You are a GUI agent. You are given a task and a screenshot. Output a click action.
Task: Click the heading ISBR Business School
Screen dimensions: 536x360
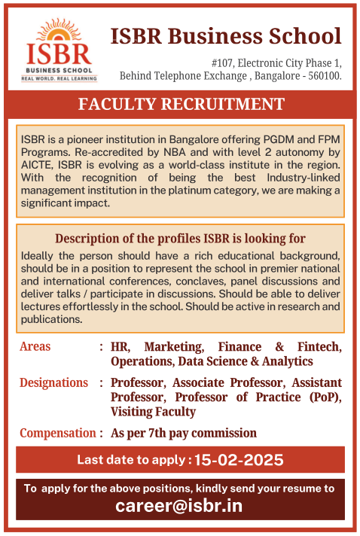point(226,35)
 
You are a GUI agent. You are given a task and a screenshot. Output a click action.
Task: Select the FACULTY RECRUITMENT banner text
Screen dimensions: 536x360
point(182,104)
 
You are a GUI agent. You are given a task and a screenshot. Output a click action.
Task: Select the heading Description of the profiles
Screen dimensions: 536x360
point(180,239)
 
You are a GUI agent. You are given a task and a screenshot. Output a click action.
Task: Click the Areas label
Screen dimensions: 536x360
point(35,346)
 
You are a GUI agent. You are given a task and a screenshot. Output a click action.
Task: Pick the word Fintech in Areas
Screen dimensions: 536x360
point(319,347)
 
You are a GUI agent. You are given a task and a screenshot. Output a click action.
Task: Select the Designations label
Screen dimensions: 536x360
point(53,382)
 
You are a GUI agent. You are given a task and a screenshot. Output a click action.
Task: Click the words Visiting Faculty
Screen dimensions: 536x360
point(153,412)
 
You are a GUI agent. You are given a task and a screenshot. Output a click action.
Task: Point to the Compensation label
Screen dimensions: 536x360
point(57,433)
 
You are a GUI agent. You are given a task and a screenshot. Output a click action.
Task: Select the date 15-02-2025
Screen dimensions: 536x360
point(238,459)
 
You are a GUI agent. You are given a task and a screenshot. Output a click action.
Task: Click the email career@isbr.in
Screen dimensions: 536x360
point(179,505)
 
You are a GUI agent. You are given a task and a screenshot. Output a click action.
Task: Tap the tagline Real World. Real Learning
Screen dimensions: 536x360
point(59,78)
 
